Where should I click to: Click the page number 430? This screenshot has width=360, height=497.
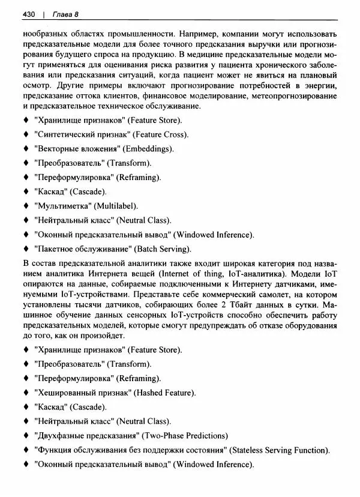click(28, 13)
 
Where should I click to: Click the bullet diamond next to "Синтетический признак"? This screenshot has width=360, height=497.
click(26, 134)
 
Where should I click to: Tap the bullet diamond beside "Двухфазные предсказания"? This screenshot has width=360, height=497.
click(26, 436)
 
